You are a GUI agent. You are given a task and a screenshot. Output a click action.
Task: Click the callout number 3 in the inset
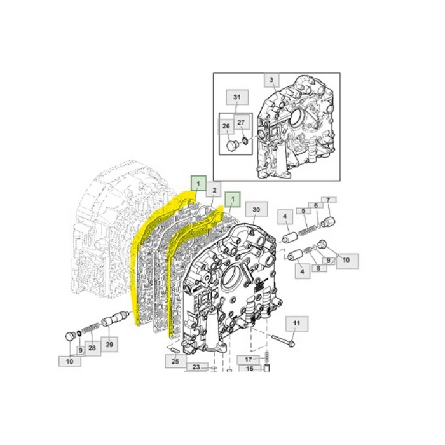271,80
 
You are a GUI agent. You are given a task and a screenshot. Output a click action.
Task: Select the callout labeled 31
236,97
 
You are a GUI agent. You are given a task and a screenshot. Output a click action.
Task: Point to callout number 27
241,122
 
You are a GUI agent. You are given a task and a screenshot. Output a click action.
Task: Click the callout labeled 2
214,190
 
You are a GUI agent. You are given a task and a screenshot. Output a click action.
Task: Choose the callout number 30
256,209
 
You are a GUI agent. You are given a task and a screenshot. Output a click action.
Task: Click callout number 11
296,324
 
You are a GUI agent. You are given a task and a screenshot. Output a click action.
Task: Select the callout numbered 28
92,348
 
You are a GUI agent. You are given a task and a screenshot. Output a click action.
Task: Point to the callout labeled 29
109,345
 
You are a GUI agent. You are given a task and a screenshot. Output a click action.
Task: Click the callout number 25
175,362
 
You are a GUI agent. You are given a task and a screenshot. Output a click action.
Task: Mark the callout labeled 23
196,367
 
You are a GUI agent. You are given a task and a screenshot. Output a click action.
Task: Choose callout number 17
249,359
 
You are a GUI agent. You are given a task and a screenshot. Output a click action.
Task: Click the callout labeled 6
316,205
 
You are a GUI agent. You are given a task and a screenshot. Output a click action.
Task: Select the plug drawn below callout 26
229,147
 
